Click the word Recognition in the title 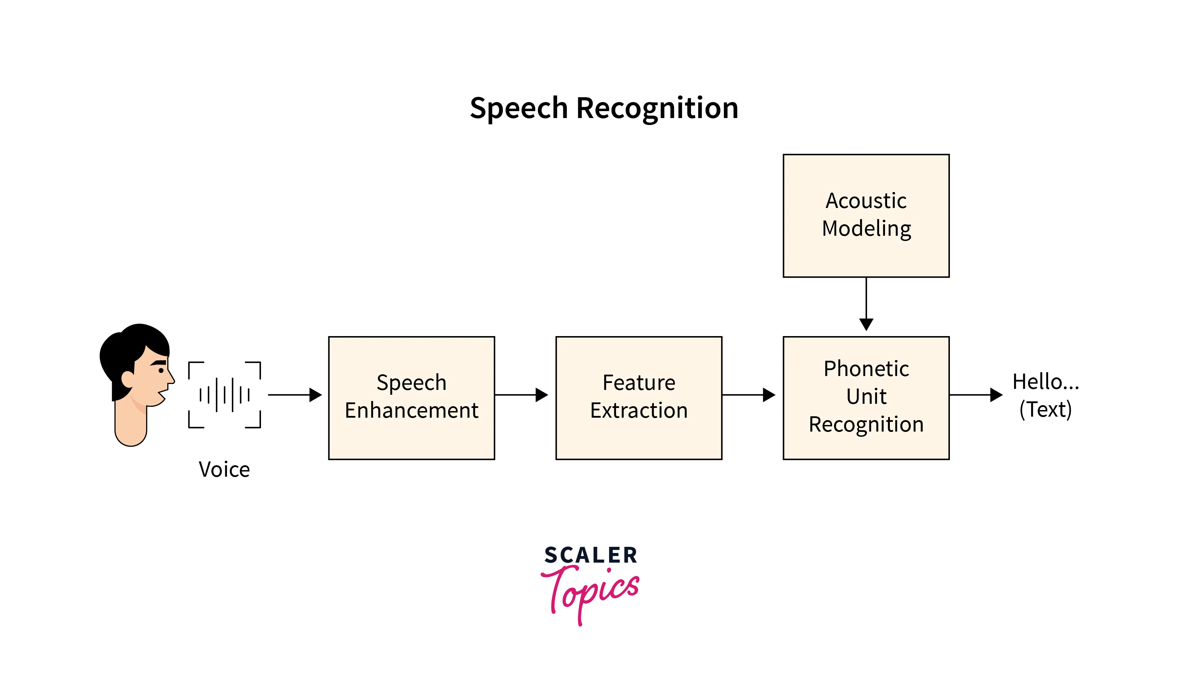[657, 109]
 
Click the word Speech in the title [519, 109]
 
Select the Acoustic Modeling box [866, 216]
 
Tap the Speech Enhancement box [411, 398]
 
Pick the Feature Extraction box [639, 398]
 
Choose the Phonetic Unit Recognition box [866, 398]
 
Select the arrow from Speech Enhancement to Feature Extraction [521, 395]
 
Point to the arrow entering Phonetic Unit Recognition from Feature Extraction [748, 395]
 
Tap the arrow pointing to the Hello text [975, 395]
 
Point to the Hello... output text [1045, 382]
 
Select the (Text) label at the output [1045, 410]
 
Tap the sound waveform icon [224, 395]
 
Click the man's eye [161, 371]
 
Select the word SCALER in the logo [590, 556]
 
